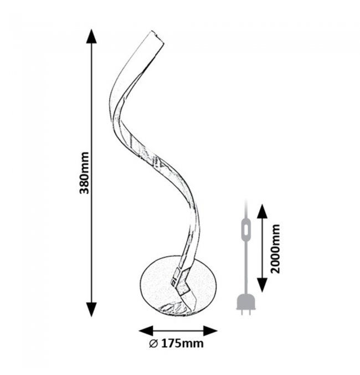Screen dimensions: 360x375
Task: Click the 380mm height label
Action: [84, 173]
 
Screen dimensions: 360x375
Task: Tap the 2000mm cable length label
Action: [275, 249]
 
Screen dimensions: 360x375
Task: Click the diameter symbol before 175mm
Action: [153, 343]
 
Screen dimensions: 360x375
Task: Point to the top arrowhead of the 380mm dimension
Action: [91, 36]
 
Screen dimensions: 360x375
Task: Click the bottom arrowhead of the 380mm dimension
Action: [91, 310]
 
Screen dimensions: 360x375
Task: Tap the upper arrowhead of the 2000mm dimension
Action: [263, 211]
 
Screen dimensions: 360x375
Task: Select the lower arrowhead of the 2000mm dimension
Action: [263, 285]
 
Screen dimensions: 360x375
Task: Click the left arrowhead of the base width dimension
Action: [146, 331]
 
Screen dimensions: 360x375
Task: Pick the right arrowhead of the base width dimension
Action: [210, 331]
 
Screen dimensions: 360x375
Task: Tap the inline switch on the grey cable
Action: [246, 229]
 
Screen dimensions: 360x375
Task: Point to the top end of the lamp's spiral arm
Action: [158, 37]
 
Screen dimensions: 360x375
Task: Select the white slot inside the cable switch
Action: [246, 229]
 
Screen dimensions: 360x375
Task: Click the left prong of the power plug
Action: [243, 312]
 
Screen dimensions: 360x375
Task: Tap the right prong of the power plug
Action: [249, 312]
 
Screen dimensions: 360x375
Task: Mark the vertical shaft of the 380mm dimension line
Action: [91, 173]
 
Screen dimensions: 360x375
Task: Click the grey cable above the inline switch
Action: [246, 210]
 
